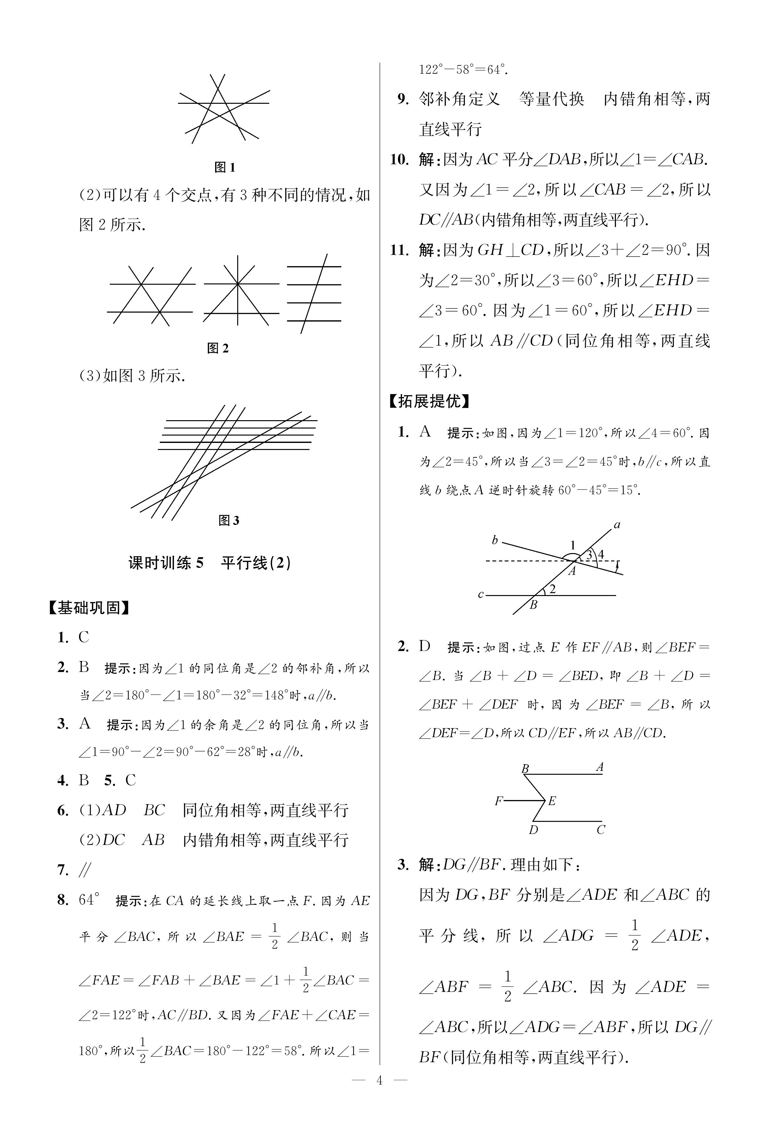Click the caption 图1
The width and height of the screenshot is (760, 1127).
(224, 168)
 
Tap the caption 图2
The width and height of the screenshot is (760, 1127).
(218, 348)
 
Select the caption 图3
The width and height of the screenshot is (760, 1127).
(229, 521)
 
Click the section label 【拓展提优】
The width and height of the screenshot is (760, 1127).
(429, 401)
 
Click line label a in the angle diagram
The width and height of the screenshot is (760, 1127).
(617, 525)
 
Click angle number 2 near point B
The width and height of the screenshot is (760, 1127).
(552, 589)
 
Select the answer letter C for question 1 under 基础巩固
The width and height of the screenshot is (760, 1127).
(84, 637)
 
